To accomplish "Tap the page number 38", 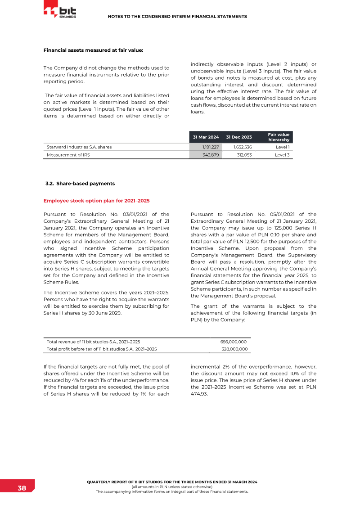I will [22, 488].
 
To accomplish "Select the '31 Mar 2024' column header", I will [206, 137].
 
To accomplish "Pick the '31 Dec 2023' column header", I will [238, 137].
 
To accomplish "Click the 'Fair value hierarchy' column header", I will [278, 137].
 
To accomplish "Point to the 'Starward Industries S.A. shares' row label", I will [79, 147].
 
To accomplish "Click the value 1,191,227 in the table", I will [210, 147].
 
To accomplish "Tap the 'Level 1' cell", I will [282, 147].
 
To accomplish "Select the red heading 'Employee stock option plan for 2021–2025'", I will [96, 200].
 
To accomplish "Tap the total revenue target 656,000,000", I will [234, 342].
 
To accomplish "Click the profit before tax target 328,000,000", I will [234, 349].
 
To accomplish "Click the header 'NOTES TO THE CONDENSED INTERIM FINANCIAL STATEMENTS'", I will [177, 17].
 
